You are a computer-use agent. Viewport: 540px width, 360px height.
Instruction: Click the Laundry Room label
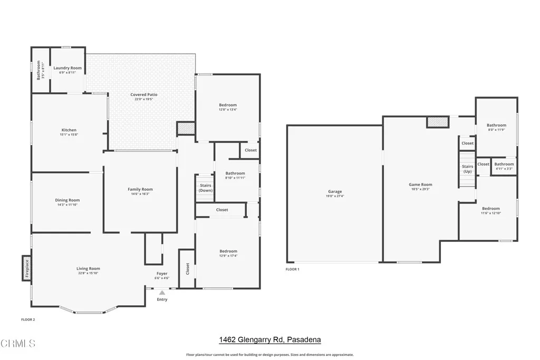click(67, 68)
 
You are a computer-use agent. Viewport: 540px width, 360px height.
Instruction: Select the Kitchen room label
click(69, 130)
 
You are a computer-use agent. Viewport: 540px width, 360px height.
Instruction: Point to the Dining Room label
click(67, 200)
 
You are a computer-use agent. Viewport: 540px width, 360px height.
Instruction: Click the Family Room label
click(140, 189)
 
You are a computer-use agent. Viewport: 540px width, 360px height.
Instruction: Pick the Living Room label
click(88, 269)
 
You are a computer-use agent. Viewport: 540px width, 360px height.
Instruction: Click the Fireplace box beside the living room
click(26, 269)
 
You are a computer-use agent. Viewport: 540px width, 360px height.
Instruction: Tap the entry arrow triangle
click(162, 293)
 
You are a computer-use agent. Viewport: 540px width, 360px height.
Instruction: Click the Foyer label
click(162, 274)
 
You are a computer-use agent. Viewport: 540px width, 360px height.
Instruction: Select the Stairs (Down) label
click(206, 188)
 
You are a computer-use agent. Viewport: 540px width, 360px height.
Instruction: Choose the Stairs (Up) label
click(467, 169)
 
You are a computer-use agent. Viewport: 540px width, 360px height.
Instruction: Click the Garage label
click(335, 191)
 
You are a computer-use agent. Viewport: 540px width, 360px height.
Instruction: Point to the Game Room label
click(420, 184)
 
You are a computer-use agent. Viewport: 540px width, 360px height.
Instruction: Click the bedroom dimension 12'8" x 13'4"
click(228, 110)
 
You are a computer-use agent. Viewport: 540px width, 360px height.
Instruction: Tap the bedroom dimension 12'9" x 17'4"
click(228, 256)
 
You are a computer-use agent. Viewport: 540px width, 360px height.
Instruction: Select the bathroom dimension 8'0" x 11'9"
click(496, 130)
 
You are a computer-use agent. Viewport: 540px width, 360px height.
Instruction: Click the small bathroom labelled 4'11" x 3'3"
click(504, 166)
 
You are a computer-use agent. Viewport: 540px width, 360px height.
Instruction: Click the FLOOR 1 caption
click(292, 269)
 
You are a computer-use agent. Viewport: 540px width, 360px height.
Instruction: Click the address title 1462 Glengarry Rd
click(269, 340)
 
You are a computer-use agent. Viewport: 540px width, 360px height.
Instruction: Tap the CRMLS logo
click(18, 344)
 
